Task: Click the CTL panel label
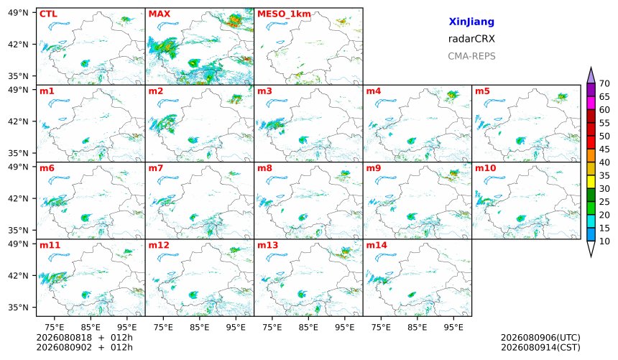point(48,14)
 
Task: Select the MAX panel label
point(160,14)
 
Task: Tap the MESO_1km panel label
point(284,14)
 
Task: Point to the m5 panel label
point(482,91)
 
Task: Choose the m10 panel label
point(485,168)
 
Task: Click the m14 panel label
point(377,245)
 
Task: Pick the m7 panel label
point(156,168)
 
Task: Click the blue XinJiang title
point(471,22)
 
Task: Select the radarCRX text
point(471,39)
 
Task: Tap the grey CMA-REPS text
point(471,56)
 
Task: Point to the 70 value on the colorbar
point(604,83)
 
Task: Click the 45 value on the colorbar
point(604,149)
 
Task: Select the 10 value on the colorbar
point(604,241)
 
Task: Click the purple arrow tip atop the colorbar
point(591,68)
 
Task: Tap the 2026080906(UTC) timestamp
point(540,338)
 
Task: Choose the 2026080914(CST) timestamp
point(540,348)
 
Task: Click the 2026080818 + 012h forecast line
point(84,338)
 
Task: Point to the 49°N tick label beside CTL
point(18,13)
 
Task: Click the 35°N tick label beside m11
point(18,307)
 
